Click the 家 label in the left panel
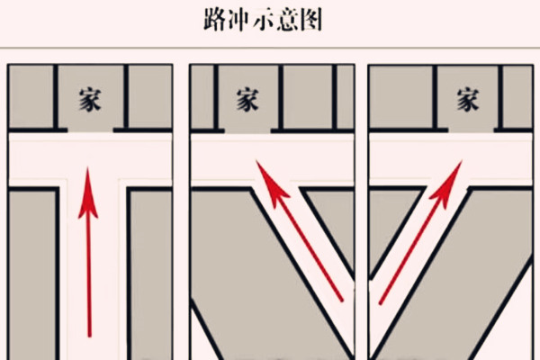click(x=88, y=98)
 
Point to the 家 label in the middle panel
click(x=247, y=98)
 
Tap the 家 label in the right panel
click(x=467, y=98)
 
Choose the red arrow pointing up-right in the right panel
click(x=419, y=234)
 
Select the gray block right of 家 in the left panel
click(x=148, y=97)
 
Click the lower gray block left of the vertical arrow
click(x=31, y=270)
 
